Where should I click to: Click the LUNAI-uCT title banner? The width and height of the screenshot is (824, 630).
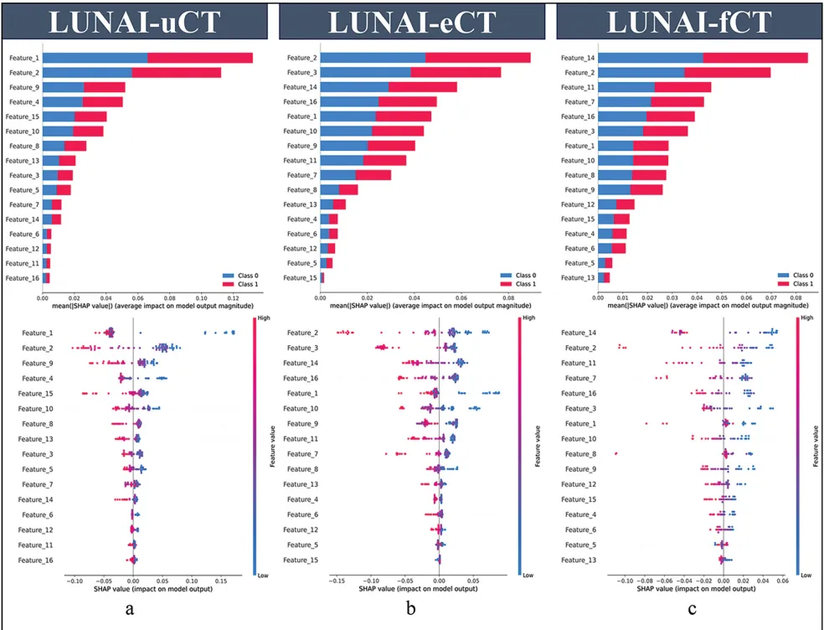click(133, 21)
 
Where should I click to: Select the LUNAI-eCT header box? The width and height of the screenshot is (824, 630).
click(411, 21)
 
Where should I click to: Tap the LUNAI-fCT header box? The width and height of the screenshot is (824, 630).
click(688, 21)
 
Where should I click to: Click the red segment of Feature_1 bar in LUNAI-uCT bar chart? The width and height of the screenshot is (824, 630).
click(200, 58)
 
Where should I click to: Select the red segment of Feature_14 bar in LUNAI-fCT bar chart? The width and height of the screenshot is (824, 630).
click(754, 58)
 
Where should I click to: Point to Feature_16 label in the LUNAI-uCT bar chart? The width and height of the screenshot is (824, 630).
click(23, 277)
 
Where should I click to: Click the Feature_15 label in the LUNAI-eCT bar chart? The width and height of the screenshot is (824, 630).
click(301, 277)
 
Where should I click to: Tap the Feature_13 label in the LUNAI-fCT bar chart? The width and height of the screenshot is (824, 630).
click(578, 277)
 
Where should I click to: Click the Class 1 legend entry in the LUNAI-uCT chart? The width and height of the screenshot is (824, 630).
click(242, 284)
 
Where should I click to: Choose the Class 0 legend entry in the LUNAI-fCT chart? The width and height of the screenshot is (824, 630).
click(795, 275)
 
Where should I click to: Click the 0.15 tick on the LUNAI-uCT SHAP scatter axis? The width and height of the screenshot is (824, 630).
click(223, 580)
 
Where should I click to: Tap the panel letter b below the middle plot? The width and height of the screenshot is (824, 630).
click(410, 609)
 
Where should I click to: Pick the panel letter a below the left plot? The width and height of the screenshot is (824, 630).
click(130, 609)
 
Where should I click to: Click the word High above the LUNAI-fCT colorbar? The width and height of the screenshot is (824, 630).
click(806, 319)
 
